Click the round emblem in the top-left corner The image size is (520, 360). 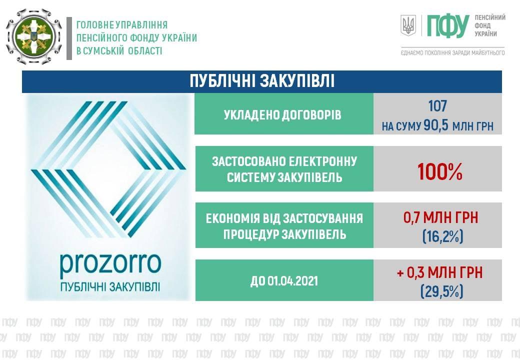[x=34, y=36]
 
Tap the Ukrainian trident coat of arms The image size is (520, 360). [x=408, y=25]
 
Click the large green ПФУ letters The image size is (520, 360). [x=447, y=26]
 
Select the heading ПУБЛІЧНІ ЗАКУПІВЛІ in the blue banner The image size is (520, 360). [x=262, y=81]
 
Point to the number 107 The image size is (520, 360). [x=437, y=106]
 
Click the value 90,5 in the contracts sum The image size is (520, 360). [x=436, y=125]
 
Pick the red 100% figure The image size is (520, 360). [x=439, y=172]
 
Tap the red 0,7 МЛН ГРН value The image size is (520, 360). [x=440, y=218]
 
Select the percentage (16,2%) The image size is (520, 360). [x=442, y=236]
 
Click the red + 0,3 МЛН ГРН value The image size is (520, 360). [x=439, y=272]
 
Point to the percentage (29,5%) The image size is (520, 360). [x=441, y=291]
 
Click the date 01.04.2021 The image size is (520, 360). [x=292, y=281]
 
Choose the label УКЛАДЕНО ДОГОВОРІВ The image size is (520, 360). [x=282, y=114]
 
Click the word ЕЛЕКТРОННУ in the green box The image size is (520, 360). [x=322, y=161]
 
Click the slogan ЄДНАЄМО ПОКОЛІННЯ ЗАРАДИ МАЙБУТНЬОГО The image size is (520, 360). [x=452, y=52]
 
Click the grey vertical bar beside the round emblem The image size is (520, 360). [x=69, y=38]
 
